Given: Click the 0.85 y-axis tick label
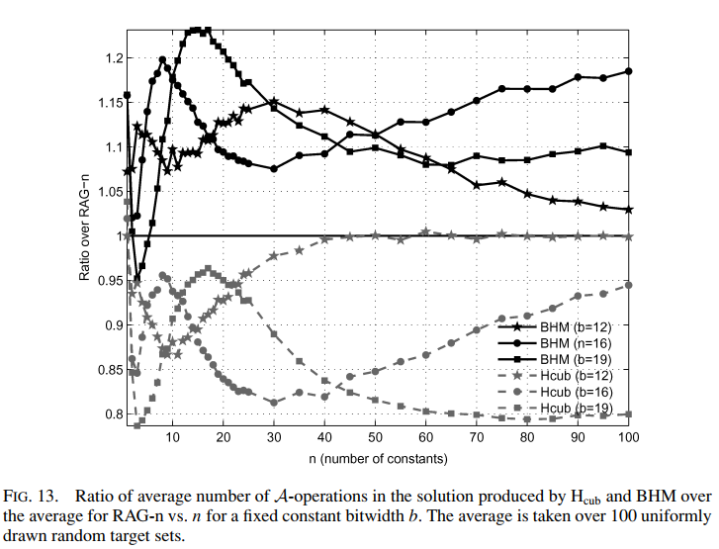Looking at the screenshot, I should coord(106,370).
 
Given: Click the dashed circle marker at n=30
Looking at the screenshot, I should coord(274,403).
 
